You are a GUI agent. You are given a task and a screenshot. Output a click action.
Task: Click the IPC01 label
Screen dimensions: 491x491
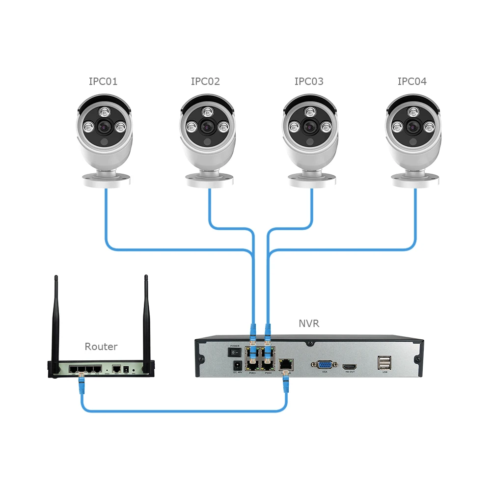[103, 82]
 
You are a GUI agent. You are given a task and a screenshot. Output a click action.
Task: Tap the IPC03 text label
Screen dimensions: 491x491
[309, 82]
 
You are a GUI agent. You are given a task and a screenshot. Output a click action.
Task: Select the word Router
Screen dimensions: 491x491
[101, 347]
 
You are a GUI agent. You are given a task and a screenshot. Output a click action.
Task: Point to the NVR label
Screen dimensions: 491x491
[309, 324]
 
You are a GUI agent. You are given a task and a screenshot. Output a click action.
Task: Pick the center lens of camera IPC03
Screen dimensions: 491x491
[310, 127]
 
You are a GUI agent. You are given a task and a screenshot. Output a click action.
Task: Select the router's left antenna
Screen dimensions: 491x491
[55, 319]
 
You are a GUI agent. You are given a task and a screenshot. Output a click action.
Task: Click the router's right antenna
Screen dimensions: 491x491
[146, 319]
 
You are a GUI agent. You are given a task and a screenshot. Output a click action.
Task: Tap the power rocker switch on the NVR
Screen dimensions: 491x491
[235, 352]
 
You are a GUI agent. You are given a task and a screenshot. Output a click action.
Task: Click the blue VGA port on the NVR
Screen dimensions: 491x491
[324, 365]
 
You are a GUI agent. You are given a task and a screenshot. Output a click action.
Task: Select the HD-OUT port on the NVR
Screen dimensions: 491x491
[350, 367]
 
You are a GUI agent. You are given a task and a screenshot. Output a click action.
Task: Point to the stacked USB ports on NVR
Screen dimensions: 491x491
[384, 363]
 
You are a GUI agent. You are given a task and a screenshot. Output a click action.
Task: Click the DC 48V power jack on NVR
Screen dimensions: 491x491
[236, 365]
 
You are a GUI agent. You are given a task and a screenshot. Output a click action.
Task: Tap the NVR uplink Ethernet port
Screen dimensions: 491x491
[286, 364]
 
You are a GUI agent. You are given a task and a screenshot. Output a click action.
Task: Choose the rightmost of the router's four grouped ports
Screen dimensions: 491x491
[97, 368]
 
